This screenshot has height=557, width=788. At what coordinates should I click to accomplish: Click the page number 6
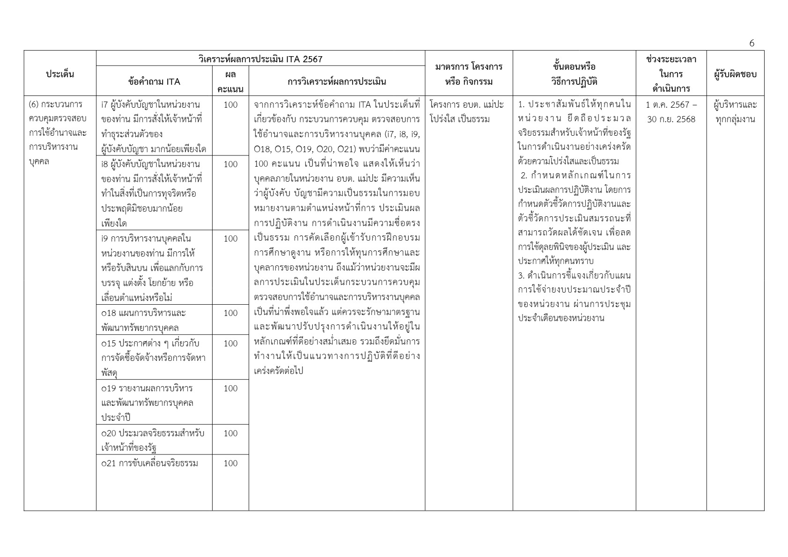pyautogui.click(x=751, y=44)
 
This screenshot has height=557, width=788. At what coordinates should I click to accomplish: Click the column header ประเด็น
pyautogui.click(x=60, y=73)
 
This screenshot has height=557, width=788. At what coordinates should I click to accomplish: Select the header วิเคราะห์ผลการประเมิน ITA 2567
pyautogui.click(x=260, y=59)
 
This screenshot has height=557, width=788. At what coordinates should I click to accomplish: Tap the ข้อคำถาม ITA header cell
pyautogui.click(x=154, y=81)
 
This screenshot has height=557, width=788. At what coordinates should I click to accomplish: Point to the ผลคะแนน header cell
pyautogui.click(x=230, y=81)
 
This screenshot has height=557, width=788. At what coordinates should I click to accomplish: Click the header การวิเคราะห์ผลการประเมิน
pyautogui.click(x=337, y=81)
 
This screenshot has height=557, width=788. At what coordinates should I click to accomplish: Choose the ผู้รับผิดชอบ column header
pyautogui.click(x=735, y=74)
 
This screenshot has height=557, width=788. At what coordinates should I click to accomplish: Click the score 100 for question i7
pyautogui.click(x=230, y=105)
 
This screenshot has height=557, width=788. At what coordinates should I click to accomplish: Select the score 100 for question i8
pyautogui.click(x=230, y=164)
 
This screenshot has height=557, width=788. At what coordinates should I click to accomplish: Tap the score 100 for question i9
pyautogui.click(x=230, y=239)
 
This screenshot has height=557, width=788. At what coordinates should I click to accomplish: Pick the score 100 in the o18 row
pyautogui.click(x=230, y=313)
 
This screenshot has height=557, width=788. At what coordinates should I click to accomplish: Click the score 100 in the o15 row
pyautogui.click(x=230, y=344)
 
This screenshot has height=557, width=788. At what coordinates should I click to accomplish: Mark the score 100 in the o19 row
pyautogui.click(x=230, y=388)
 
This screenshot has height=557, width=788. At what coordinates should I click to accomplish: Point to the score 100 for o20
pyautogui.click(x=230, y=433)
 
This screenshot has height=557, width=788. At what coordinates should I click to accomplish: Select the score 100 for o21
pyautogui.click(x=230, y=463)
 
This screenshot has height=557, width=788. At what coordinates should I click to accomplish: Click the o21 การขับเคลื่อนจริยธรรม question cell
pyautogui.click(x=150, y=463)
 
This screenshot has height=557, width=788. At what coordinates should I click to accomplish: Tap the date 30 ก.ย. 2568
pyautogui.click(x=671, y=119)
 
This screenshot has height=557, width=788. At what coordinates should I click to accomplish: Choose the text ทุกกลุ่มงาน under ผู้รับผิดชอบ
pyautogui.click(x=735, y=119)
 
